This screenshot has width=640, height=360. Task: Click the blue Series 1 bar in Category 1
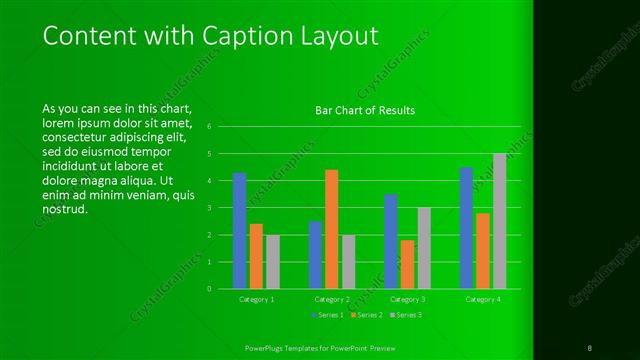(x=240, y=230)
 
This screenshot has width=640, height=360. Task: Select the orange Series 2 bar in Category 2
(x=331, y=229)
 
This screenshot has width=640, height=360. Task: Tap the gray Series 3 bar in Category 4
(x=499, y=221)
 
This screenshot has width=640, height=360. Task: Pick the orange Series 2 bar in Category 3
(x=407, y=264)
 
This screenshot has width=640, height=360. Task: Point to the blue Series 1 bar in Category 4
(x=466, y=228)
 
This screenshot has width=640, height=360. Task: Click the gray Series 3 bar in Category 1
(x=272, y=261)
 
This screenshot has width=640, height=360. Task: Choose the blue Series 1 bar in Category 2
(x=315, y=254)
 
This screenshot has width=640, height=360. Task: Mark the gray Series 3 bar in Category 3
(x=423, y=248)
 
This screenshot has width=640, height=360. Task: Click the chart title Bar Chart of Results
(x=358, y=110)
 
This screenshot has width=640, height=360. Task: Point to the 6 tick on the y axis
(x=209, y=127)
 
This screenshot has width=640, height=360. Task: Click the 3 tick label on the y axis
(x=209, y=208)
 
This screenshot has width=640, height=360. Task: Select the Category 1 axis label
(x=256, y=299)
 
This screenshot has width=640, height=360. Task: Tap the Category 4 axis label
(x=483, y=299)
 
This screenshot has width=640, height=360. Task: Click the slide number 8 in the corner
(x=590, y=346)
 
